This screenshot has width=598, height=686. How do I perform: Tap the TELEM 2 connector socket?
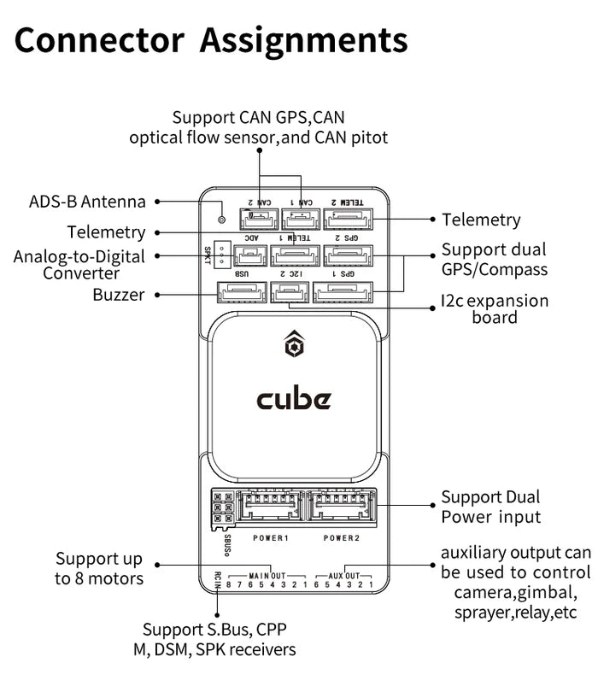(348, 220)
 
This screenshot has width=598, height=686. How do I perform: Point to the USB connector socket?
(240, 293)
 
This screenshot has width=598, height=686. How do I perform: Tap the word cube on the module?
(294, 399)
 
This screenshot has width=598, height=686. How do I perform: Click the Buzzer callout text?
(119, 295)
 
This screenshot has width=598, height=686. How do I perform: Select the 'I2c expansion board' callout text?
(494, 309)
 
